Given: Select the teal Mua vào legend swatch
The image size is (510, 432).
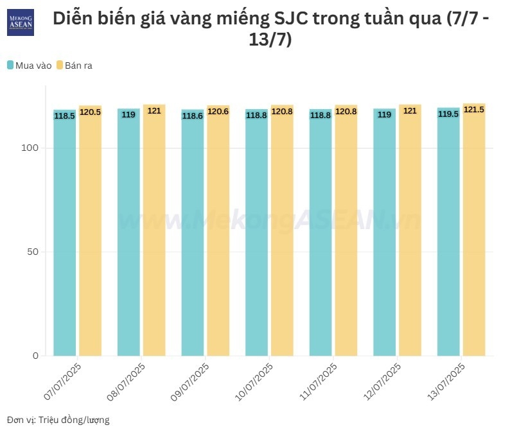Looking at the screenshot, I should [x=11, y=65].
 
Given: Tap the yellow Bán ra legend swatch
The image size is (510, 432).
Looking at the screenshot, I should [x=59, y=65].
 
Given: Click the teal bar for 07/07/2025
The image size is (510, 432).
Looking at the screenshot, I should [x=65, y=231].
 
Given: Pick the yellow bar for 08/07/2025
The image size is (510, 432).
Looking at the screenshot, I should [x=154, y=231].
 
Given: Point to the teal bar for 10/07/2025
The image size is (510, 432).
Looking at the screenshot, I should [x=256, y=231].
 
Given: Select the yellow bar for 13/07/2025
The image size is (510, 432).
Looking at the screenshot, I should [x=474, y=231].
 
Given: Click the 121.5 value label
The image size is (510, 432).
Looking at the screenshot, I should [x=474, y=110].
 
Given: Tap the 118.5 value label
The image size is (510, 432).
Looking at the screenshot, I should [x=65, y=116].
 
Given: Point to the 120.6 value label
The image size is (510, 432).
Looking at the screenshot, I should [x=218, y=111].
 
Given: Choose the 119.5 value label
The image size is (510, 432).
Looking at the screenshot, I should [x=448, y=114].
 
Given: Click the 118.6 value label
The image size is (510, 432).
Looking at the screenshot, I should [x=193, y=116].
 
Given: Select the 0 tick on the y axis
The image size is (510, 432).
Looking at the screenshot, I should [x=37, y=356].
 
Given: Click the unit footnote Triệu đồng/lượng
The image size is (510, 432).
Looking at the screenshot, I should [x=74, y=420].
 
